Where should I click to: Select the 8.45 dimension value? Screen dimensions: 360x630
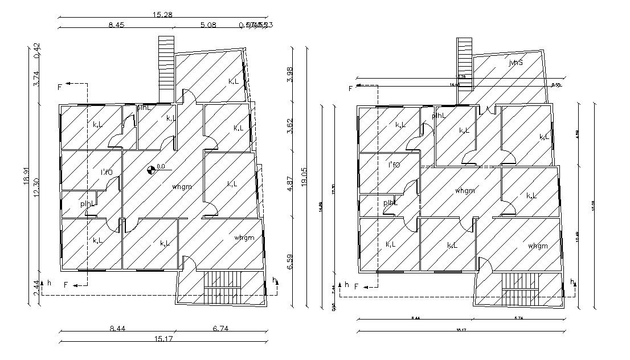[116, 24]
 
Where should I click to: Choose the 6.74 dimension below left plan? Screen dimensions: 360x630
[220, 329]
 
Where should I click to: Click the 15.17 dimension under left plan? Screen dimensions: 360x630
[162, 339]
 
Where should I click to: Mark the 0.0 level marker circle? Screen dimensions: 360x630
[151, 169]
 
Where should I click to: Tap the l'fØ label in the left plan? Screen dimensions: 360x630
[107, 172]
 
